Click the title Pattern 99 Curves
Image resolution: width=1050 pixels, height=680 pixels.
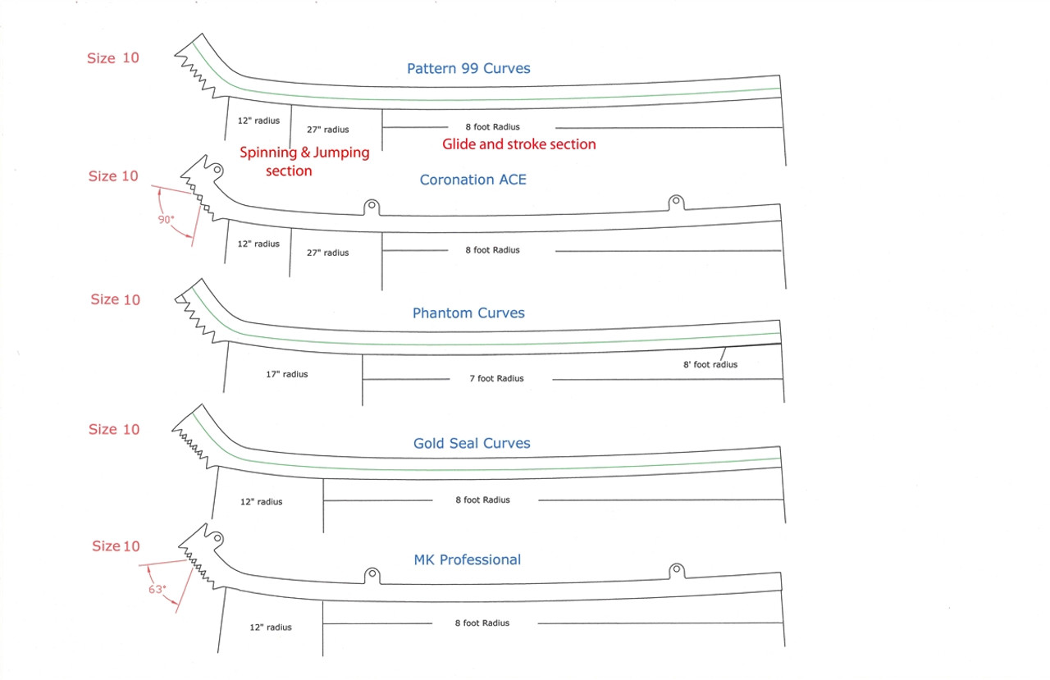tap(468, 69)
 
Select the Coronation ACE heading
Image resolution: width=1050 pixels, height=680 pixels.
tap(472, 180)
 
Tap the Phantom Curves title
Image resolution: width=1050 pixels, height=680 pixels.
tap(468, 313)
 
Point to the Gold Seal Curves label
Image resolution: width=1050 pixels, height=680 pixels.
tap(472, 444)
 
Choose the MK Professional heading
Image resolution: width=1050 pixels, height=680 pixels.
tap(468, 560)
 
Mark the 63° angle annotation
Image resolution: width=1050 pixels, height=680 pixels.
tap(157, 589)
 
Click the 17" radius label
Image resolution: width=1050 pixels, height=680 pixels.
tap(287, 374)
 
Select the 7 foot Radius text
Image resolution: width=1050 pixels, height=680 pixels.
tap(497, 378)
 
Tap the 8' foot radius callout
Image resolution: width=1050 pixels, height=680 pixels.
tap(710, 364)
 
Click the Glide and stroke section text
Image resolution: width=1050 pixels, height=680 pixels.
tap(519, 144)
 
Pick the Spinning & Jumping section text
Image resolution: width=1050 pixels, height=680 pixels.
tap(304, 162)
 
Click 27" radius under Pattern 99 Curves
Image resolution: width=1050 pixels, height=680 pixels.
tap(328, 130)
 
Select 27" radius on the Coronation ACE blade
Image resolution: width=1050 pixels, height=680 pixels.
tap(328, 253)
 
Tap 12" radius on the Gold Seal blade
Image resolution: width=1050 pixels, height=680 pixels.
tap(261, 502)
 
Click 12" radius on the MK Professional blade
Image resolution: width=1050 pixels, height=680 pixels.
tap(271, 628)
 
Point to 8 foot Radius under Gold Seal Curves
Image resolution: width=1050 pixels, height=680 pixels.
tap(483, 500)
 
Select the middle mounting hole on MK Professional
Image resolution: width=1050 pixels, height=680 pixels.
tap(371, 573)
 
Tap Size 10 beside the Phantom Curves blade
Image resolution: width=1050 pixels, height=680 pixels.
tap(115, 299)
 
